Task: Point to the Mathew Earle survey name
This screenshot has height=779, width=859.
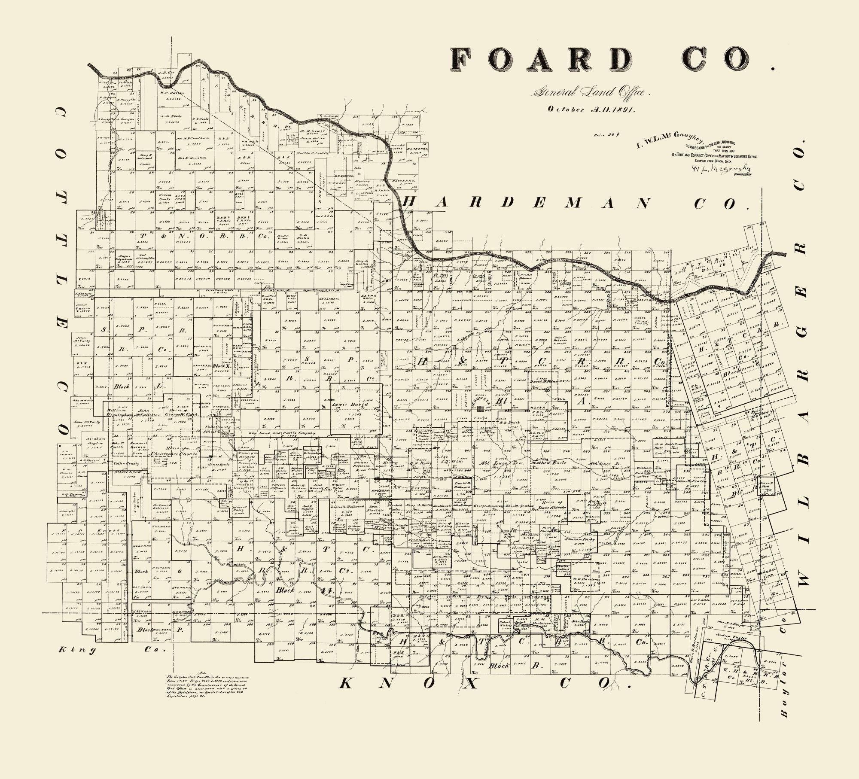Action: [x=550, y=463]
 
